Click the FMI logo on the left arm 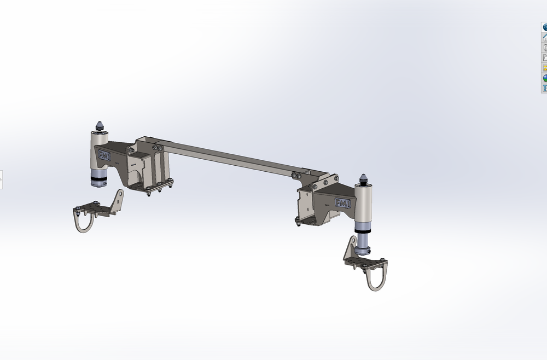pos(104,156)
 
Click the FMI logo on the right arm pos(342,203)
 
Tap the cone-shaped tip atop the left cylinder pos(100,126)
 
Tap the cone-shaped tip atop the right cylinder pos(364,179)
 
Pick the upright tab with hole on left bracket pos(118,199)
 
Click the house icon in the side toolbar pos(545,38)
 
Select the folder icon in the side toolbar pos(545,57)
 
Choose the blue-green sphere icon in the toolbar pos(545,78)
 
